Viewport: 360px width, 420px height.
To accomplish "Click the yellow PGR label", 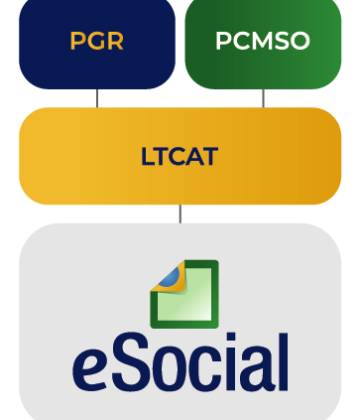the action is [x=96, y=41].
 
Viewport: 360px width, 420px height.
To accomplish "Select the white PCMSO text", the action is [x=263, y=41].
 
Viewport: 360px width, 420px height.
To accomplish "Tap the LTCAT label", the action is [x=180, y=156].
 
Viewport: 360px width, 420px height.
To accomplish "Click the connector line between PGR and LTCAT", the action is [x=97, y=98].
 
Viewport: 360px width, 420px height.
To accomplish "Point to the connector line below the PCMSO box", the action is [x=263, y=98].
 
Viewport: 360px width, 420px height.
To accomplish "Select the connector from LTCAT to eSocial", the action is [x=180, y=213].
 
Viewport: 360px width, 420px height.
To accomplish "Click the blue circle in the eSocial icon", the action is [x=171, y=277].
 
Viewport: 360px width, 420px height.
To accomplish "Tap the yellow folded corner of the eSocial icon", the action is [x=169, y=278].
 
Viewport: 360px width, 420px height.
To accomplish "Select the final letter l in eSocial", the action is [x=284, y=362].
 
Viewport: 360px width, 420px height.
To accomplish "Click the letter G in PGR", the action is [x=96, y=41].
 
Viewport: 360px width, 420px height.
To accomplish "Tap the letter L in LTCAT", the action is [x=148, y=156].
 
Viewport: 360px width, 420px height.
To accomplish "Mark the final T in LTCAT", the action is [x=210, y=156].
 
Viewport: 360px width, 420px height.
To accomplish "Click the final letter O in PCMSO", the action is [x=300, y=41].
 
